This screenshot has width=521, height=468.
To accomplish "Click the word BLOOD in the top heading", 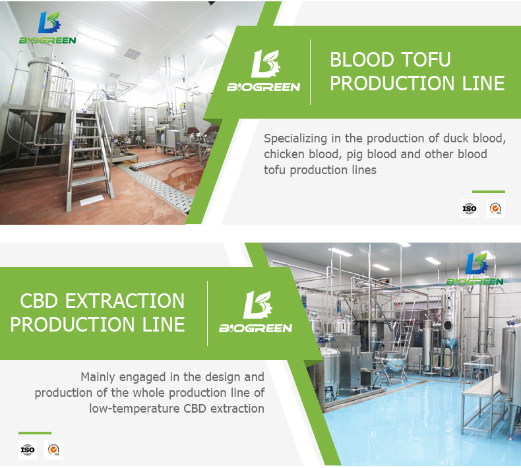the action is (361, 59).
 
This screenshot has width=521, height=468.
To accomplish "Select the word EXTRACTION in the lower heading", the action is (125, 301).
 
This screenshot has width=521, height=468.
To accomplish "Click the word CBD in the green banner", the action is (39, 301).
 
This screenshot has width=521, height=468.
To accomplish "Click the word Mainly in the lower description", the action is (98, 377).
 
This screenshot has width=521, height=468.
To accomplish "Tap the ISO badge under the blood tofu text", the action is (469, 208).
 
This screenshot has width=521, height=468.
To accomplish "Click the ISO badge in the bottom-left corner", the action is (27, 450).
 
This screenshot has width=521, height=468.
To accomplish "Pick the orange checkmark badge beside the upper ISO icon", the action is (495, 208).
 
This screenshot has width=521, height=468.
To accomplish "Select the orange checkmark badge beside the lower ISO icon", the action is (53, 450).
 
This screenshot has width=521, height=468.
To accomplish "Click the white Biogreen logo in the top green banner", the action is (264, 71).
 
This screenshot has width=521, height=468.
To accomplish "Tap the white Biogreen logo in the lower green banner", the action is (255, 312).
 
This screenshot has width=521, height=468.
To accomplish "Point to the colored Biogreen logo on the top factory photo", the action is (47, 28).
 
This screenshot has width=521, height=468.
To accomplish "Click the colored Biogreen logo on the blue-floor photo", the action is (475, 269).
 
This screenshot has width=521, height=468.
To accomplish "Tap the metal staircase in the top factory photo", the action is (90, 156).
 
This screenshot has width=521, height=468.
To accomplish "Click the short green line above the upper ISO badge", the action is (489, 192).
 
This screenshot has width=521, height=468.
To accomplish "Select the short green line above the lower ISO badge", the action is (35, 433).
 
